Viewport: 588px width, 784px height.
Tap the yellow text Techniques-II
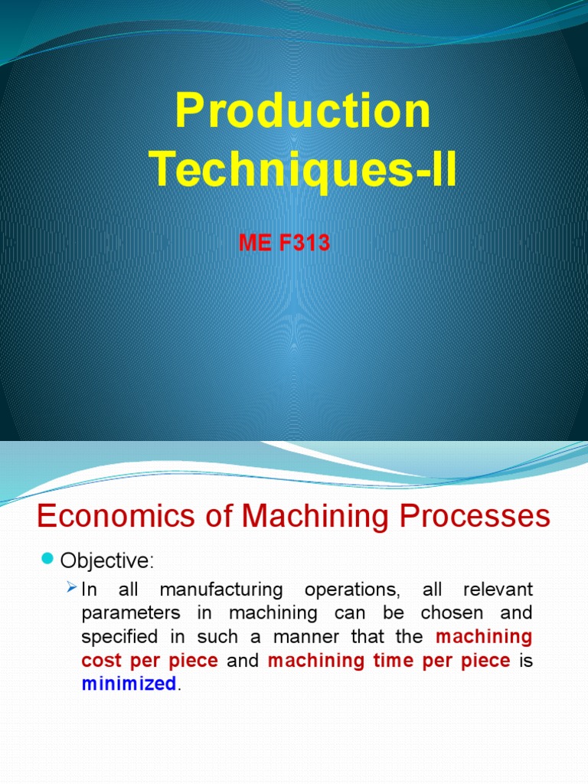pos(303,169)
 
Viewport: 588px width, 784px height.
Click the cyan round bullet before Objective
pos(47,560)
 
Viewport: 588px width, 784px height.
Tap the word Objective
pos(106,561)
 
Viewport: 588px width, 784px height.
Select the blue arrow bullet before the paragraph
pos(72,588)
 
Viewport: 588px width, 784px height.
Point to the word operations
pos(352,590)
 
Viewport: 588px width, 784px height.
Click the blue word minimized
pos(129,684)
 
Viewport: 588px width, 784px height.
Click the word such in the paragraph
pos(222,637)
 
